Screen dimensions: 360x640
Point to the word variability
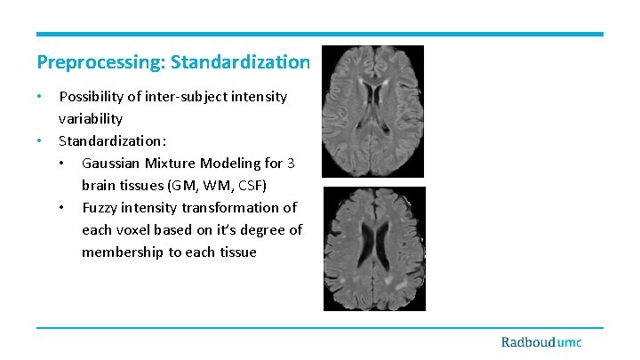[x=91, y=118]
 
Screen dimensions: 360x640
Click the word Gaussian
[x=112, y=164]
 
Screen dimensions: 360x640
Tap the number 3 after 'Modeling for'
[x=292, y=164]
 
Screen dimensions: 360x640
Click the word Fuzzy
[x=100, y=208]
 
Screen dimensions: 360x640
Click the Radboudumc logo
[x=540, y=342]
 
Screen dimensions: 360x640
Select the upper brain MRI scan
[x=373, y=110]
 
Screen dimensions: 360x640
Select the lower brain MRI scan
[x=373, y=248]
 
